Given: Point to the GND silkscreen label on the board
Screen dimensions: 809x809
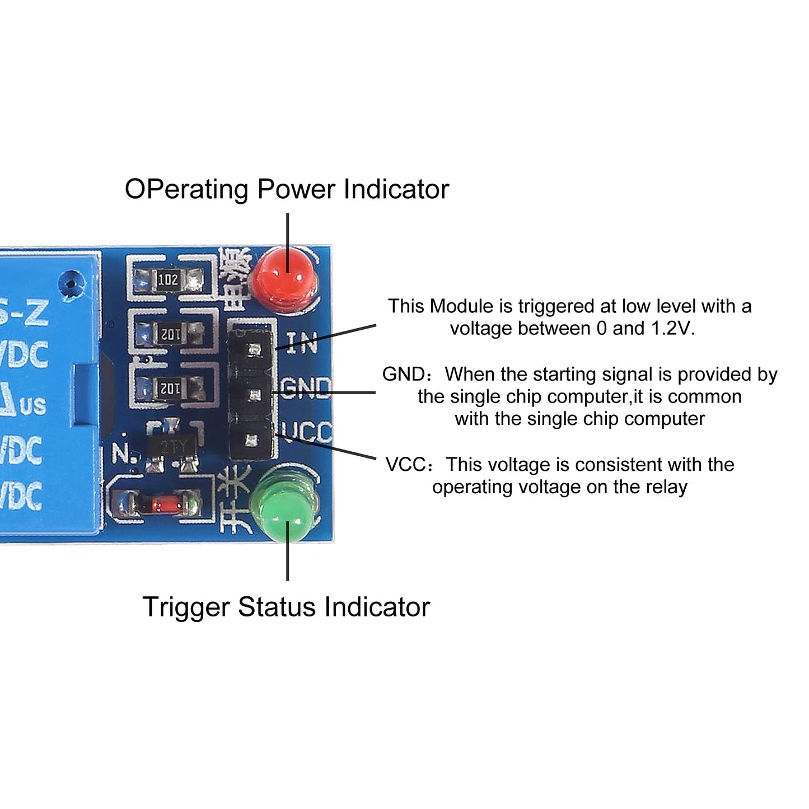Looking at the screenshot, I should pyautogui.click(x=305, y=387).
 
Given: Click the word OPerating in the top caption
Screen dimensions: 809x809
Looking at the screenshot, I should pyautogui.click(x=186, y=190).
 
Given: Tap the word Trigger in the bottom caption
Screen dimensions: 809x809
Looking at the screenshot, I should pyautogui.click(x=186, y=607).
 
